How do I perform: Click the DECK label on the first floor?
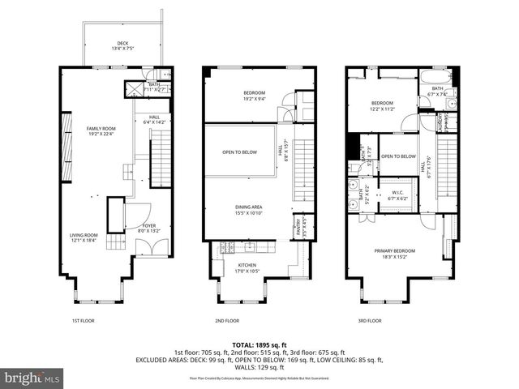(x=122, y=44)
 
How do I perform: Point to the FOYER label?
(x=149, y=227)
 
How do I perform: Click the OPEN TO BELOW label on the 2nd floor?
(x=241, y=152)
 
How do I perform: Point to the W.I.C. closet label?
(x=397, y=194)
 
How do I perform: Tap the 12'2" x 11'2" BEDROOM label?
(x=382, y=105)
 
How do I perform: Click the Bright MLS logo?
(x=32, y=378)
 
